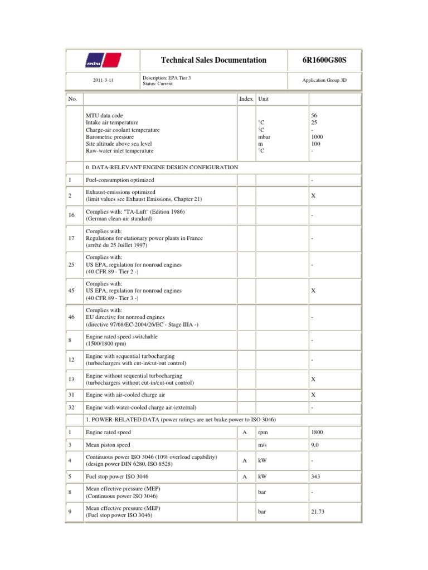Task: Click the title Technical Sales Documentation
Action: tap(213, 60)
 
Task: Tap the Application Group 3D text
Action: tap(325, 80)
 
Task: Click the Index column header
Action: tap(246, 99)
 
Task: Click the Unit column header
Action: tap(264, 99)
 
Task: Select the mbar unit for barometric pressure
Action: tap(265, 136)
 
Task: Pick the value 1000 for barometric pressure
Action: tap(317, 136)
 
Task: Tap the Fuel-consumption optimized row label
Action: tap(120, 180)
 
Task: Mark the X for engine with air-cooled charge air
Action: tap(313, 395)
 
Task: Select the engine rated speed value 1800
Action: tap(317, 432)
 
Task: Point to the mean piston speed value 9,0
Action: tap(315, 445)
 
